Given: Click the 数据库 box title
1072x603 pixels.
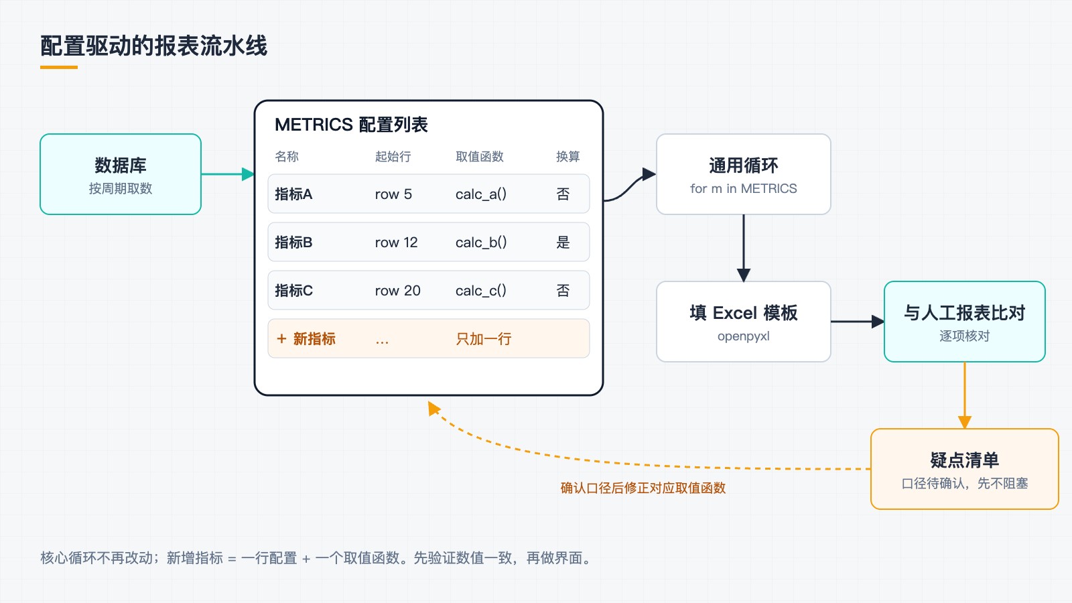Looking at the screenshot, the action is tap(120, 165).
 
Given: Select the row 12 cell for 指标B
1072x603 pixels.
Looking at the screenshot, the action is tap(396, 242).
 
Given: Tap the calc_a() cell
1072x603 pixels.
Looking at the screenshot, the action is tap(480, 194).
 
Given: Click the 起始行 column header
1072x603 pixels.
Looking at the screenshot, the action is tap(393, 157).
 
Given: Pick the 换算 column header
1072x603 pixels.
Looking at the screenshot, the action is tap(567, 157).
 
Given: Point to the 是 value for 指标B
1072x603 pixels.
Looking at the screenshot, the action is tap(563, 242).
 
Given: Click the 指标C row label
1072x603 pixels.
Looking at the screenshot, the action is tap(293, 291).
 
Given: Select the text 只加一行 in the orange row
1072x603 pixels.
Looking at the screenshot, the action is tap(483, 339).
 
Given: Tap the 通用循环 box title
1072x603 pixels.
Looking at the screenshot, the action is tap(743, 165).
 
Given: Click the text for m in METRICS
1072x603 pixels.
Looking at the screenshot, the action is tap(743, 188).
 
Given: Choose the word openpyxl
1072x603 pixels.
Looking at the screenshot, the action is tap(743, 336).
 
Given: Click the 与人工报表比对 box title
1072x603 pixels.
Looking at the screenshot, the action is tap(964, 313).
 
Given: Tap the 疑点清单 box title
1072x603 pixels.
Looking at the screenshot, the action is tap(964, 460).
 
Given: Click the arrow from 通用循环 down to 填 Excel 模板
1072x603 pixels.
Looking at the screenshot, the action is tap(743, 248).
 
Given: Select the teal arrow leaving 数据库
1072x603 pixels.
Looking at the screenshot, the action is tap(228, 174).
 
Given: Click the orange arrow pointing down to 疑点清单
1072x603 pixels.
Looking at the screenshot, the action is tap(964, 395).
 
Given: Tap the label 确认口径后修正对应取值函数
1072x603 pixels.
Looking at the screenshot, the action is tap(643, 488).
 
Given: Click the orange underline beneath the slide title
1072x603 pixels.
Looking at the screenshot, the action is tap(59, 68).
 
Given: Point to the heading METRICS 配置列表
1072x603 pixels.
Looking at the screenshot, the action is tap(351, 125).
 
